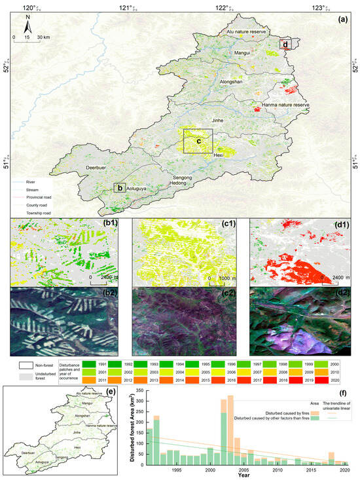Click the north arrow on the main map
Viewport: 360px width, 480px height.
pyautogui.click(x=27, y=28)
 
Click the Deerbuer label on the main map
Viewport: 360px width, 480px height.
pyautogui.click(x=98, y=168)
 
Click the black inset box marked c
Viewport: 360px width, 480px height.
pyautogui.click(x=198, y=141)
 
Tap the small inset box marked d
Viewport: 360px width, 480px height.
pyautogui.click(x=285, y=45)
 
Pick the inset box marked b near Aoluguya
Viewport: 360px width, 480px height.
pyautogui.click(x=120, y=187)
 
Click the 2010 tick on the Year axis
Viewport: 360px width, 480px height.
pyautogui.click(x=277, y=470)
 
